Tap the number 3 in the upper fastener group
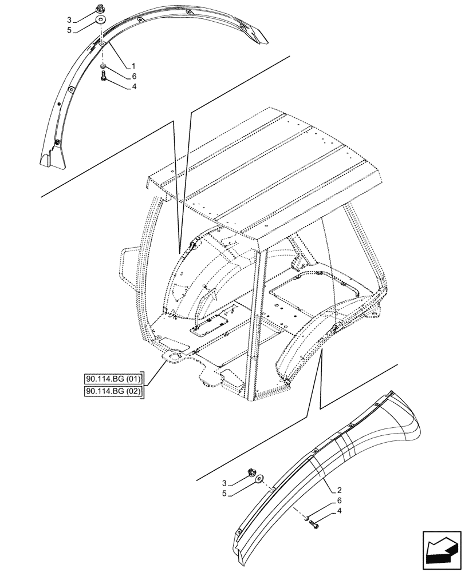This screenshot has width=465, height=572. [69, 19]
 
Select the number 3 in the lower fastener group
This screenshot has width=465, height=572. [224, 483]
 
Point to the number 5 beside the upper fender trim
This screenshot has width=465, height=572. [69, 30]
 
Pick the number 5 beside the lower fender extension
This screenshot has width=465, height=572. [224, 494]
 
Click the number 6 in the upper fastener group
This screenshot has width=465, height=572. [133, 76]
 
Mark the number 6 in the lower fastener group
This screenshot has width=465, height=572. [339, 500]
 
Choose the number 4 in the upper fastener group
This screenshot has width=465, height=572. [133, 87]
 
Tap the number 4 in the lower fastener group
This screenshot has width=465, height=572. [339, 511]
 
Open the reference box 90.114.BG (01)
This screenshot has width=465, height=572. [113, 379]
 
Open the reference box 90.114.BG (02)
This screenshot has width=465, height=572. [113, 391]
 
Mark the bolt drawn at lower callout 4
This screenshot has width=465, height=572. [314, 523]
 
